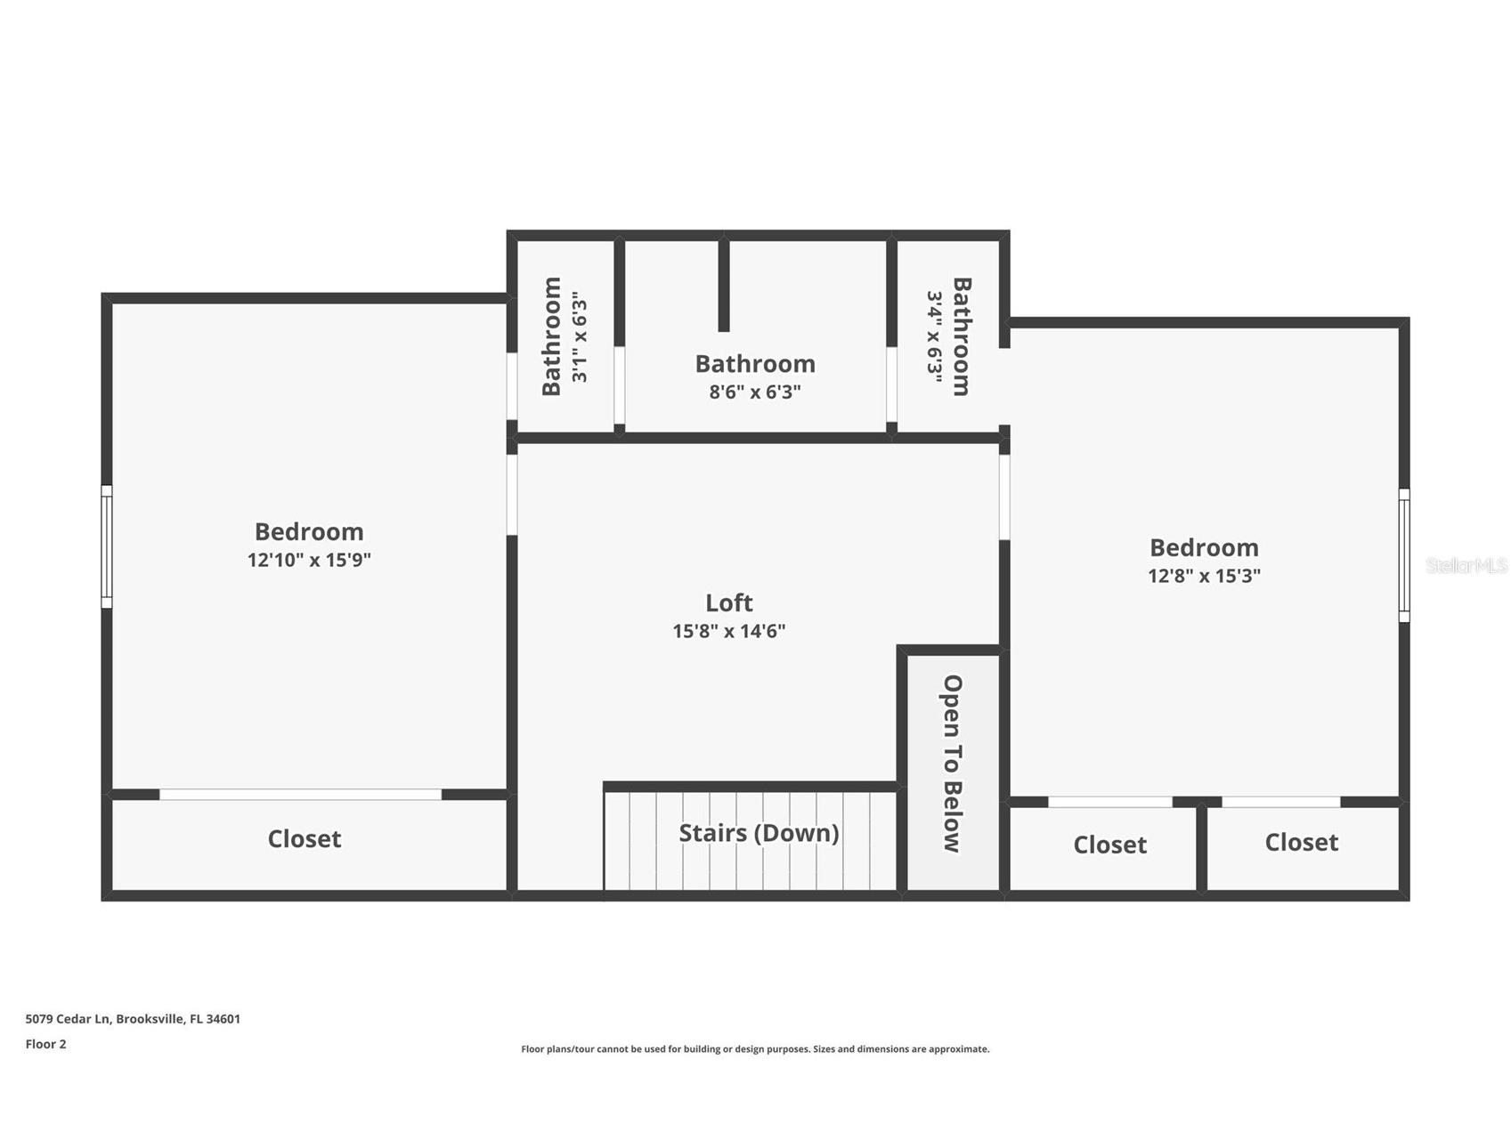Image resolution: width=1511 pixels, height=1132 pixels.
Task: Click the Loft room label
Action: point(728,602)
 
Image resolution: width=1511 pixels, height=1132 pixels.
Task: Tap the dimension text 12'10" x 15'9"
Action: point(309,560)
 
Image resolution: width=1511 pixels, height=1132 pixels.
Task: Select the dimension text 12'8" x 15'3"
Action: point(1204,576)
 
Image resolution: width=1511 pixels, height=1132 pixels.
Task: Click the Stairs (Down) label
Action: point(759,833)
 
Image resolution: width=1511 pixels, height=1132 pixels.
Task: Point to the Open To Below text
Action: point(953,764)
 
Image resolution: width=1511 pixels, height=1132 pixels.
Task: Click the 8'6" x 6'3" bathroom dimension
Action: point(755,392)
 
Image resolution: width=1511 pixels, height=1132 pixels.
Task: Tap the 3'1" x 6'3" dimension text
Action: point(580,336)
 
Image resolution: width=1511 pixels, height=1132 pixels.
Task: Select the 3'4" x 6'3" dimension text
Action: point(934,336)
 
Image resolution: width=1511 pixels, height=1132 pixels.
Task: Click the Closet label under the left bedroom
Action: point(305,839)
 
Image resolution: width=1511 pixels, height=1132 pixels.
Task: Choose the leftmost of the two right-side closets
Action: point(1109,845)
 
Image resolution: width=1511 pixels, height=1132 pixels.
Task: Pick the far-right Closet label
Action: point(1301,842)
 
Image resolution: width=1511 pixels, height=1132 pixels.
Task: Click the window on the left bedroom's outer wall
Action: point(107,546)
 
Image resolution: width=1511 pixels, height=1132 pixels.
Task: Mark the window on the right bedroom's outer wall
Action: point(1404,555)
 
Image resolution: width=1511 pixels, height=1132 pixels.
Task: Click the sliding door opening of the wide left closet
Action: point(300,794)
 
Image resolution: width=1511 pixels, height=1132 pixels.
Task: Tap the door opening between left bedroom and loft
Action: point(512,495)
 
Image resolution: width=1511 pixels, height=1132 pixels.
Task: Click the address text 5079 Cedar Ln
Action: point(133,1019)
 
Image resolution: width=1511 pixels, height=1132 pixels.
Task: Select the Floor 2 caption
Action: point(45,1044)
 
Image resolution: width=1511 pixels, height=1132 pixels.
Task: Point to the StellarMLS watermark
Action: point(1466,565)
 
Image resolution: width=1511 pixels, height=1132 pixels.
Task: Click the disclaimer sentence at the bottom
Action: point(755,1049)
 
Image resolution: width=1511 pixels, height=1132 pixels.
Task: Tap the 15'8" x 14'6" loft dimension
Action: point(728,631)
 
